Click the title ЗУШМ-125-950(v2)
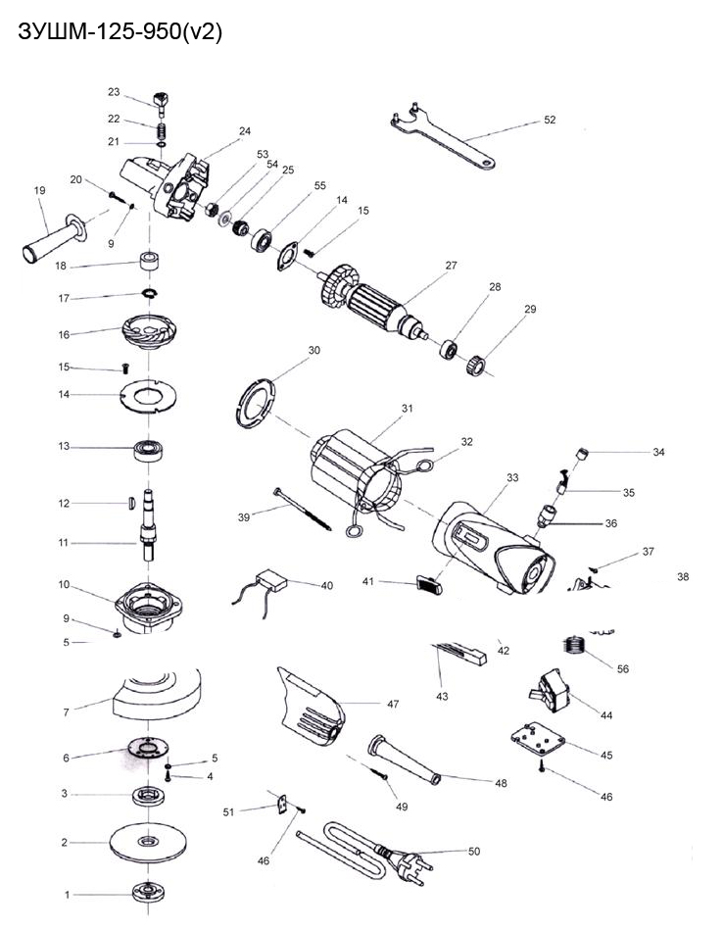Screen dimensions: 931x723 (120, 32)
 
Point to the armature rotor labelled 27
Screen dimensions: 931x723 (377, 303)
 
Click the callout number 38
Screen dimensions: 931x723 (683, 577)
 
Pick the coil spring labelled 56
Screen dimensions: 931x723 (576, 648)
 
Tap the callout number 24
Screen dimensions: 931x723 (244, 130)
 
